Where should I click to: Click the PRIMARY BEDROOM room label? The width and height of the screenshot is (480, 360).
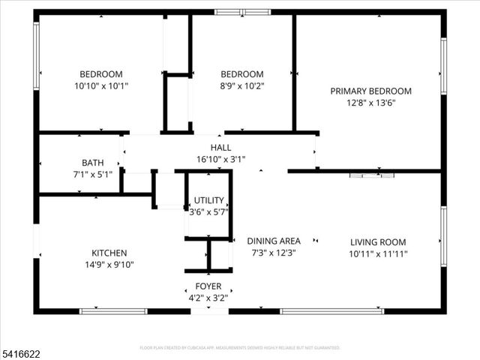(x=370, y=91)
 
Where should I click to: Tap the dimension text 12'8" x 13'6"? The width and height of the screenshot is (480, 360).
(x=370, y=103)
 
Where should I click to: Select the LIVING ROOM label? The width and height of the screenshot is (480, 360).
(x=378, y=241)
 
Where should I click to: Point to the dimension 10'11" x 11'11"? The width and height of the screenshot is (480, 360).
(x=378, y=253)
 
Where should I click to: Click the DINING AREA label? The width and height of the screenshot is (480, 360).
(x=274, y=241)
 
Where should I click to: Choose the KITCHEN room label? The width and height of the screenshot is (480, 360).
(x=109, y=253)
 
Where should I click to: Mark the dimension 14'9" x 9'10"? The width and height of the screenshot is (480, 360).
(x=109, y=265)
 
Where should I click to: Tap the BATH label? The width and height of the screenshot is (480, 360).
(x=93, y=163)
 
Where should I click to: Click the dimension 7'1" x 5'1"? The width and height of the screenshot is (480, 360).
(x=93, y=175)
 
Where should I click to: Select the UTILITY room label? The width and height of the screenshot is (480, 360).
(x=208, y=200)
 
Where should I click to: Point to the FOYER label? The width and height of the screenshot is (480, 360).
(x=208, y=286)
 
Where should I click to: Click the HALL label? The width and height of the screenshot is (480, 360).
(x=220, y=148)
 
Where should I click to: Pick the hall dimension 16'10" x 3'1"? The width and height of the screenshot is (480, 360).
(x=220, y=159)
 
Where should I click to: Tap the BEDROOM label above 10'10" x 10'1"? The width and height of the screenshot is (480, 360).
(x=101, y=73)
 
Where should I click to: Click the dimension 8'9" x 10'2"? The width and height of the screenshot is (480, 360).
(x=241, y=85)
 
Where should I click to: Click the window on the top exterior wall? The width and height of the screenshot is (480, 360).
(x=242, y=12)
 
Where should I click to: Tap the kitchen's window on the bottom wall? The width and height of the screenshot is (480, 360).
(x=113, y=310)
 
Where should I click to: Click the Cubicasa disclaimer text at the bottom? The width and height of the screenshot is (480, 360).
(x=240, y=348)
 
